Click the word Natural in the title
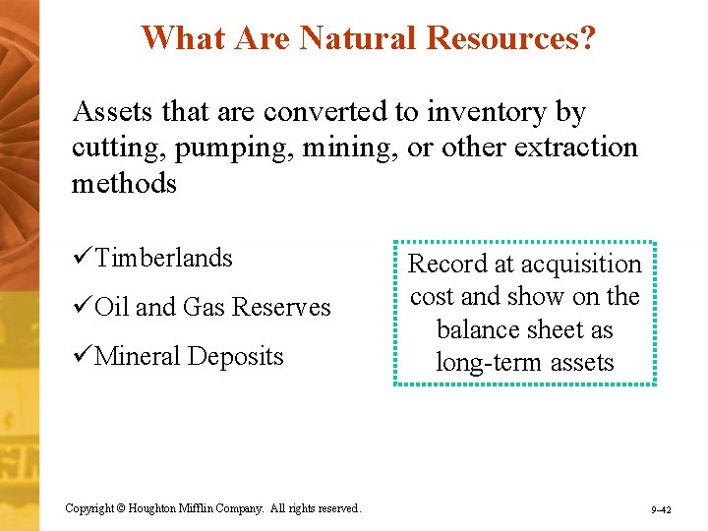coord(357,37)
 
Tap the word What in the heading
coord(180,37)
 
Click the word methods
coord(124,183)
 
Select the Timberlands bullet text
coord(163,258)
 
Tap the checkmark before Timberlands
coord(83,258)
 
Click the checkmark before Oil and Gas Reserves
coord(83,307)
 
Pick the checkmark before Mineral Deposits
coord(83,356)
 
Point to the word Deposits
coord(237,356)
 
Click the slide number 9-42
coord(661,509)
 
